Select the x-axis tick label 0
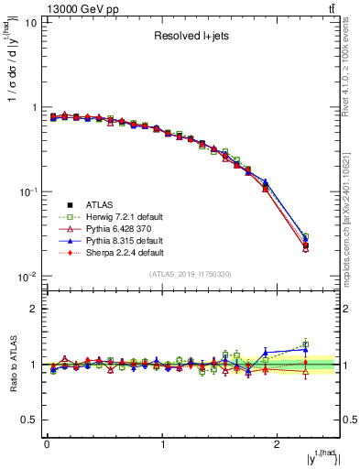click(x=47, y=445)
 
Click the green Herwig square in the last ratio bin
click(x=305, y=344)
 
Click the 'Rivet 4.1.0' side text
click(x=352, y=73)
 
